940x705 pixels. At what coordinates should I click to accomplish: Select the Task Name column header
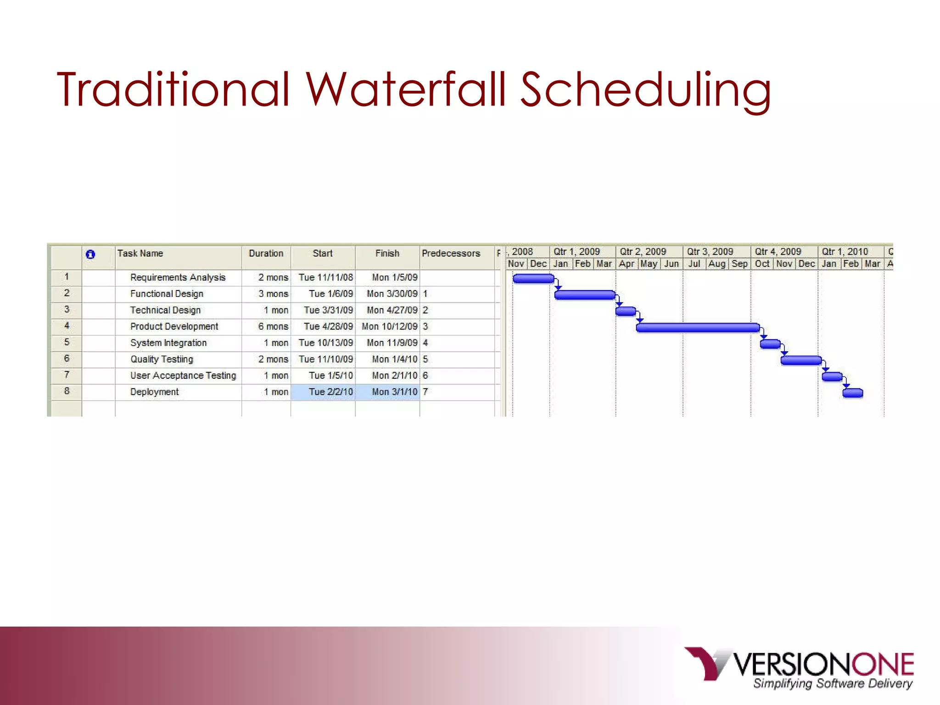coord(140,253)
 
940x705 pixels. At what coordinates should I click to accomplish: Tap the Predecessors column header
coord(451,253)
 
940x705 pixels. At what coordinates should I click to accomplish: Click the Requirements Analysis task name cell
coord(178,277)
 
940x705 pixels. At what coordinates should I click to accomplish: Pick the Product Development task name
coord(174,326)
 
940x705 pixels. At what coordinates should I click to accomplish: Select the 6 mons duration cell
coord(273,326)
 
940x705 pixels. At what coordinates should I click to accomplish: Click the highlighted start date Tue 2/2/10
coord(330,392)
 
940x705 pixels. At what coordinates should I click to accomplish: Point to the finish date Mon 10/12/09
coord(390,326)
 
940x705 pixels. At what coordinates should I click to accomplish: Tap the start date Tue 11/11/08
coord(326,277)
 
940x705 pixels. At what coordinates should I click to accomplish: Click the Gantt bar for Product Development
coord(698,327)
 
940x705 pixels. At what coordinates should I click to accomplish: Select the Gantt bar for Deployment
coord(853,393)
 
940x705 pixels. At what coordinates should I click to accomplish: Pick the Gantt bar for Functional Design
coord(585,295)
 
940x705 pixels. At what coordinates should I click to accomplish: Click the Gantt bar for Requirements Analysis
coord(533,278)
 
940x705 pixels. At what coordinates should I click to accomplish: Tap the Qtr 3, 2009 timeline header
coord(710,252)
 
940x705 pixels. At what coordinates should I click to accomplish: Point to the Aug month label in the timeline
coord(716,264)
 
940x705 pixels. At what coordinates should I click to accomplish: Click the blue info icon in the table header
coord(90,254)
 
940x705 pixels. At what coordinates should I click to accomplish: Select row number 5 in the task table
coord(67,342)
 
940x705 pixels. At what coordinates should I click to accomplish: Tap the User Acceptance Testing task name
coord(183,375)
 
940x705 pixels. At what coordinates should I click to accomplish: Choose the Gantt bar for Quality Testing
coord(801,360)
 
